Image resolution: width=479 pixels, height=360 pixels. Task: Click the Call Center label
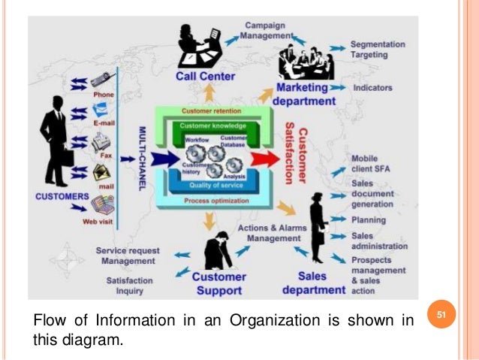[x=205, y=76]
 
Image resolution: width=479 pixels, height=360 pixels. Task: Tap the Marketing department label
[x=305, y=95]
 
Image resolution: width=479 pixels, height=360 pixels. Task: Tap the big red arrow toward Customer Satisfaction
[x=262, y=159]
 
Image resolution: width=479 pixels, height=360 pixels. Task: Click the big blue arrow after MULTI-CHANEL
[x=162, y=159]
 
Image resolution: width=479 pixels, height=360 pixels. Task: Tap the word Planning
[x=368, y=221]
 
